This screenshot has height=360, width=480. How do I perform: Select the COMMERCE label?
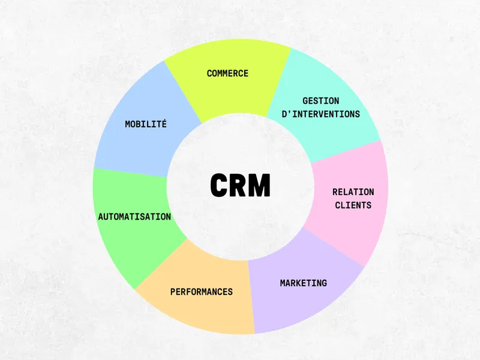[227, 73]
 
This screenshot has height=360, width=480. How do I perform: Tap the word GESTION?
[320, 101]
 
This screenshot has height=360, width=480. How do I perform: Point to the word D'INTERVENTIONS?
[320, 113]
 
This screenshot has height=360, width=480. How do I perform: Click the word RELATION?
[353, 192]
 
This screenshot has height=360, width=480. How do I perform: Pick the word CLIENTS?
[353, 205]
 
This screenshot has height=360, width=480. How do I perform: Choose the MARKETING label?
[303, 283]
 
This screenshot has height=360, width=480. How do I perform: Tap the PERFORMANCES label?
[201, 292]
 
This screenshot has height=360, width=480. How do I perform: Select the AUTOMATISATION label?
[134, 217]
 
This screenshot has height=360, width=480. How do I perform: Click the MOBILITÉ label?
[146, 124]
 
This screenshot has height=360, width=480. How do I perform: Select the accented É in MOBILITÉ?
[164, 124]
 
